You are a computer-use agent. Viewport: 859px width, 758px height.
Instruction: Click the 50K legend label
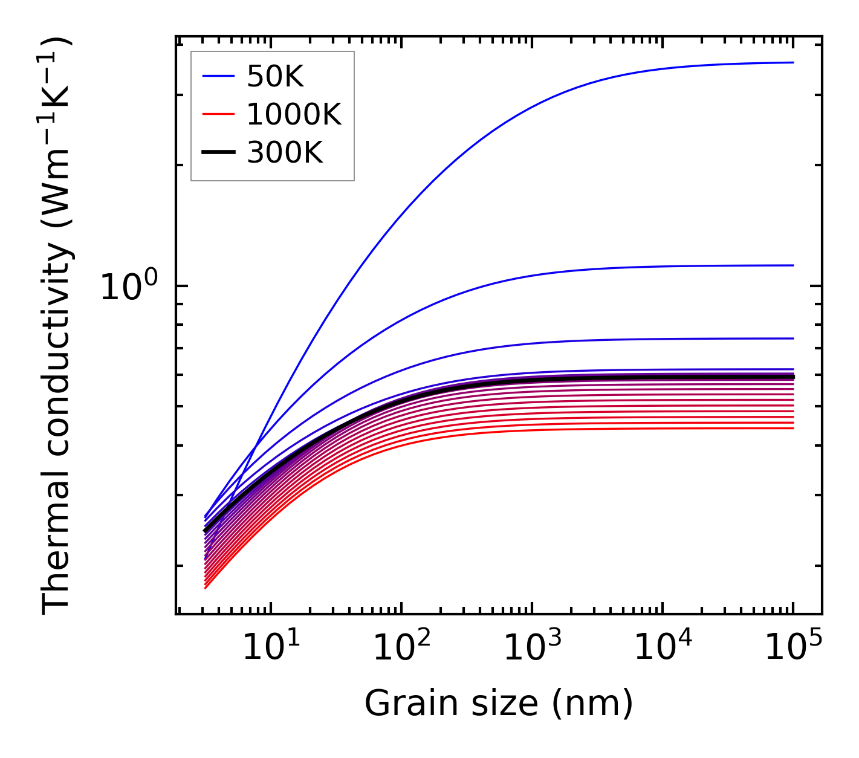coord(275,77)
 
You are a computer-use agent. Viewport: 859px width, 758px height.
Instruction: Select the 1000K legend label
coord(294,115)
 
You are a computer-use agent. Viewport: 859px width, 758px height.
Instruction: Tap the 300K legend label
coord(285,153)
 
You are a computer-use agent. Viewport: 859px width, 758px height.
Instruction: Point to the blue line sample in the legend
coord(218,76)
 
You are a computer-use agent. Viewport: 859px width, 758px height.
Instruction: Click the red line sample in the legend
coord(218,114)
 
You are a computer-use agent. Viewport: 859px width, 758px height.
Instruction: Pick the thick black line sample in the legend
coord(218,152)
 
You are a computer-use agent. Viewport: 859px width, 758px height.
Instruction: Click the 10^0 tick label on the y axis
coord(128,287)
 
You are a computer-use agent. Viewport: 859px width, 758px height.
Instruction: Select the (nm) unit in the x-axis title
coord(593,704)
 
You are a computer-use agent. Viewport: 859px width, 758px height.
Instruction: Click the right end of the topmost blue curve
coord(793,62)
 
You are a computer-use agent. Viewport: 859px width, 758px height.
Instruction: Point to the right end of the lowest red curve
coord(793,429)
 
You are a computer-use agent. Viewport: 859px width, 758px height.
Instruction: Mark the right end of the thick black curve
coord(793,377)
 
